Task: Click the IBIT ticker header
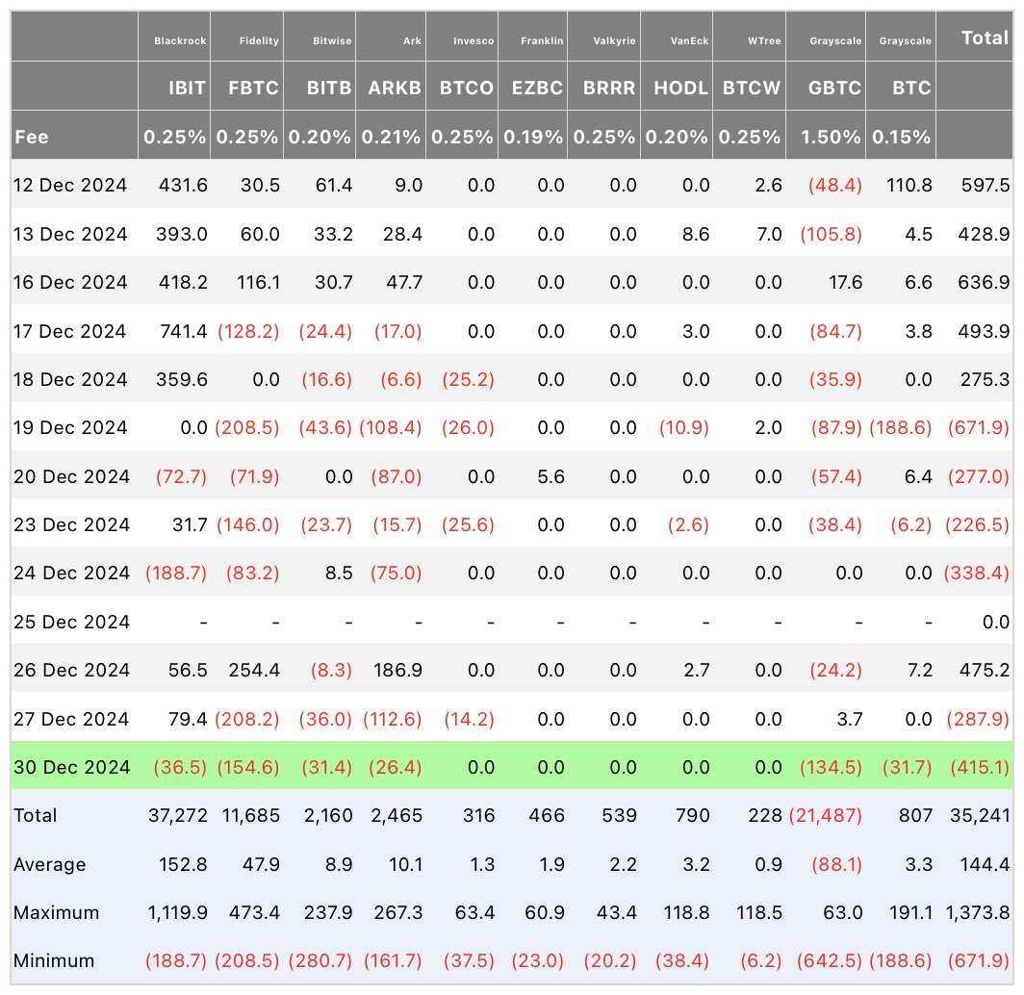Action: pos(187,88)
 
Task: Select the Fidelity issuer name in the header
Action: pos(259,40)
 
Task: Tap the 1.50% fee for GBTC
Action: pos(831,137)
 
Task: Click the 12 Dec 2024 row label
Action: pos(70,186)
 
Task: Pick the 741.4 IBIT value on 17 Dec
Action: pos(184,331)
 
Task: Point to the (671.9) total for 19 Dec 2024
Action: pos(978,427)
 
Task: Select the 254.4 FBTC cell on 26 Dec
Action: pos(254,670)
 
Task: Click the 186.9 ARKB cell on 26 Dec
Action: pos(397,670)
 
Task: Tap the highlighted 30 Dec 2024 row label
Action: pos(72,767)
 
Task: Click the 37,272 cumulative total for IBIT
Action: pos(178,815)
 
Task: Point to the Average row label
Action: pos(50,864)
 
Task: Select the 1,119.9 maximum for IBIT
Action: pos(178,912)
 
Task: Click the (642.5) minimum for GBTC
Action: pos(830,960)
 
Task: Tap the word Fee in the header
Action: pos(32,137)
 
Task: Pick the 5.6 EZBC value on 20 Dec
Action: pos(550,476)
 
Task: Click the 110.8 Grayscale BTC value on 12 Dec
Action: pos(909,186)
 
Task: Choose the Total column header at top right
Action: pos(985,38)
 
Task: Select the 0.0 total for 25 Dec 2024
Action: pos(996,622)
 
